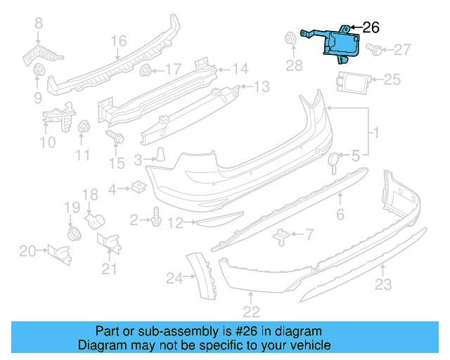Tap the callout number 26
click(x=371, y=27)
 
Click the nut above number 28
click(x=290, y=39)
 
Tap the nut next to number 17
click(x=146, y=70)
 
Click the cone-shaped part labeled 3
click(x=161, y=154)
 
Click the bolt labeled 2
click(x=155, y=221)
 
